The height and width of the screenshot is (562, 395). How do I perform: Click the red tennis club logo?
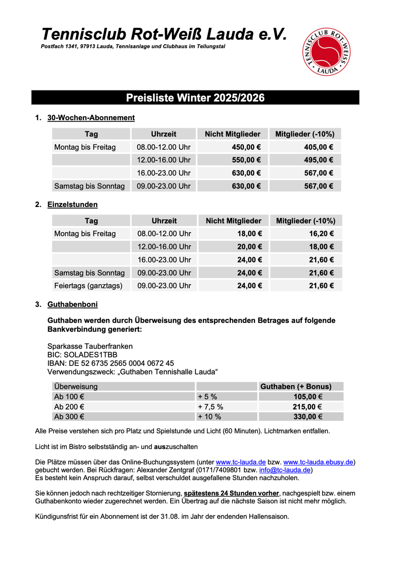tap(327, 51)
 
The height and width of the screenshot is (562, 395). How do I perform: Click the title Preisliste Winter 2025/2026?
tap(195, 98)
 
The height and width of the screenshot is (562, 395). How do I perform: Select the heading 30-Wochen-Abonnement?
tap(91, 118)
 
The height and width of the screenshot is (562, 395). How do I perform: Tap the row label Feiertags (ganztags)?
tap(88, 286)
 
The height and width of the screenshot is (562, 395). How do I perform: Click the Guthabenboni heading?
tap(72, 304)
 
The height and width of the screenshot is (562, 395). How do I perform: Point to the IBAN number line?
tap(111, 363)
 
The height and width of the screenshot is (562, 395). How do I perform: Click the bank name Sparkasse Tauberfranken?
tap(90, 346)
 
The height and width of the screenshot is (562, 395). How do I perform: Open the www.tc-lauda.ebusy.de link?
tap(319, 462)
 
